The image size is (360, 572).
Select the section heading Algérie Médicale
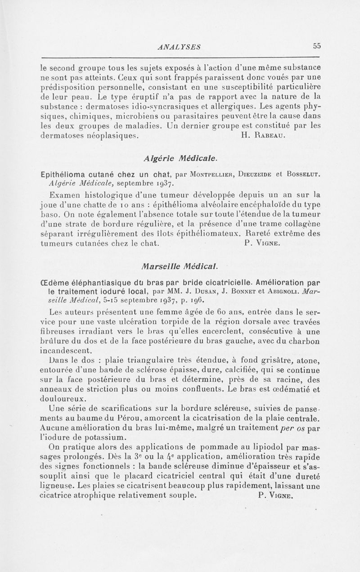coord(180,158)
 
